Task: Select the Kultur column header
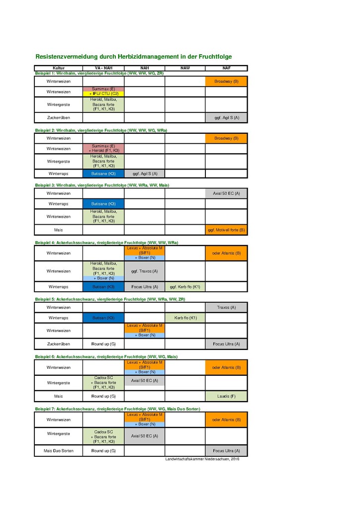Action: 59,68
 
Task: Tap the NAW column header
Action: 185,68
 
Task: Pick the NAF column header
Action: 226,68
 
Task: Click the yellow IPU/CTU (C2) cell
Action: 103,94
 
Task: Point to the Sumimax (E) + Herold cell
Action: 103,149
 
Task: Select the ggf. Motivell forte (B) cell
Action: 226,230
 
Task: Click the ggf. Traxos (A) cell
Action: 144,271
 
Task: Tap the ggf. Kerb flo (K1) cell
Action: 185,287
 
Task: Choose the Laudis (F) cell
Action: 226,396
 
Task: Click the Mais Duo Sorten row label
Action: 59,451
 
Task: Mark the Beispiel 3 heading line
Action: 102,185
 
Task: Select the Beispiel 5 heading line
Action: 110,299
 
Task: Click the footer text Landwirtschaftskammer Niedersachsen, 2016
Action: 202,459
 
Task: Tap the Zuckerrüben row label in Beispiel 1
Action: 59,118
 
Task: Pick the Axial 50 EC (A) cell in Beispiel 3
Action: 226,193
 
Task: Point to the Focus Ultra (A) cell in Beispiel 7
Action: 226,451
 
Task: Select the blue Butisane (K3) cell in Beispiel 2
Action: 103,173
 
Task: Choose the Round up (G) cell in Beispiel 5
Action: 103,344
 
